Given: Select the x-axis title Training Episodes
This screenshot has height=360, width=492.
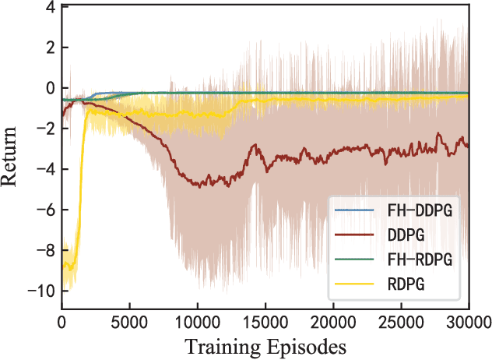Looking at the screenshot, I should (265, 344).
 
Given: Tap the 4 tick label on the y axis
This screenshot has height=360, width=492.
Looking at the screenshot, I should (50, 8).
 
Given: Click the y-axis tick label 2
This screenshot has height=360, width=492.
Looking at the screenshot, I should (50, 48).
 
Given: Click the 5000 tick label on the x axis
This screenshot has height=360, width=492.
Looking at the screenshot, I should (130, 320).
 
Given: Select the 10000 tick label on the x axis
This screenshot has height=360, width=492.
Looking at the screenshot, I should (198, 320).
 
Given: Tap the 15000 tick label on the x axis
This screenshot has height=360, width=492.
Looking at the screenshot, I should (265, 320).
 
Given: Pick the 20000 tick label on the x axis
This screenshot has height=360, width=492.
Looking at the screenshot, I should (333, 320).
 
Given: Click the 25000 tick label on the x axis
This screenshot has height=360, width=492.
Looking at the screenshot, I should (401, 320).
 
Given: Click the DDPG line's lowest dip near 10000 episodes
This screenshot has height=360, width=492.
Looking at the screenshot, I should (200, 186).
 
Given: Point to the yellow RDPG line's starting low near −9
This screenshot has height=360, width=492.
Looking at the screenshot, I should (69, 268).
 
